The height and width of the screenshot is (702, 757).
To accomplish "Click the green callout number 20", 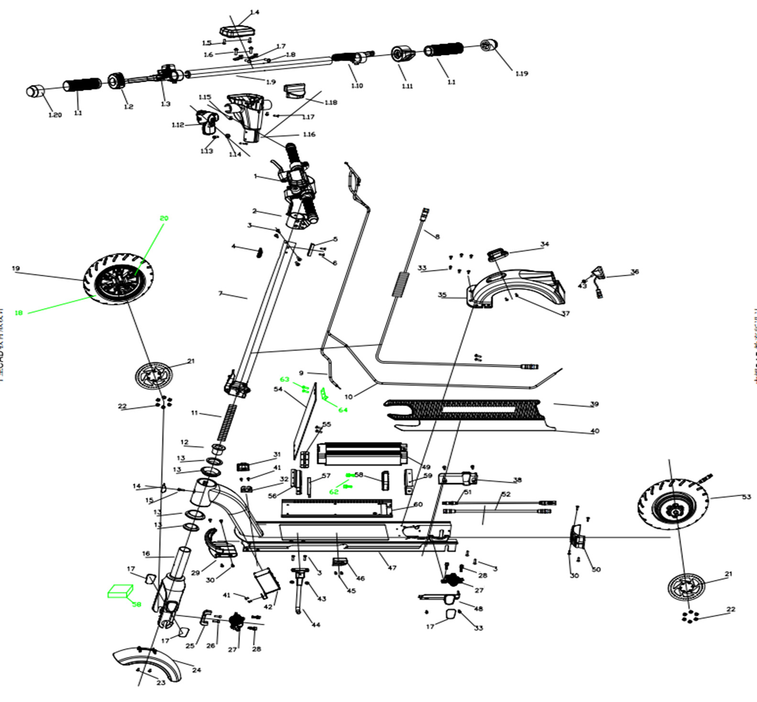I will (164, 218).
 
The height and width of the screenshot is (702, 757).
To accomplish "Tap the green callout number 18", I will (19, 313).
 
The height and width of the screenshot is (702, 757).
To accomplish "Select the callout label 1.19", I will (521, 74).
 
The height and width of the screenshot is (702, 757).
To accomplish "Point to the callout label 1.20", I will (55, 115).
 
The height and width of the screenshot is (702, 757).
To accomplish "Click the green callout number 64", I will (343, 410).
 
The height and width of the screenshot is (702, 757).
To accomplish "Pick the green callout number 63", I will (285, 379).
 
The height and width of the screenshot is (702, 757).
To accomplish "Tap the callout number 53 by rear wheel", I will (746, 497).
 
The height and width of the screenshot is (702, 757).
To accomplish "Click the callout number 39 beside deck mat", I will (594, 404).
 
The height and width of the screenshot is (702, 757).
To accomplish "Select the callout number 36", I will (635, 272).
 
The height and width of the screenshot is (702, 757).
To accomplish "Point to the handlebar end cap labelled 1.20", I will (35, 90).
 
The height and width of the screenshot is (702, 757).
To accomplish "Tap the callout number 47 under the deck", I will (392, 568).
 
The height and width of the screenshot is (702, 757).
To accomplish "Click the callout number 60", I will (418, 505).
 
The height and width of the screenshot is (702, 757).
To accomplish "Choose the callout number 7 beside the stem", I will (220, 293).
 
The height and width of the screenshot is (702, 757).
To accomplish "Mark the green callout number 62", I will (334, 492).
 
